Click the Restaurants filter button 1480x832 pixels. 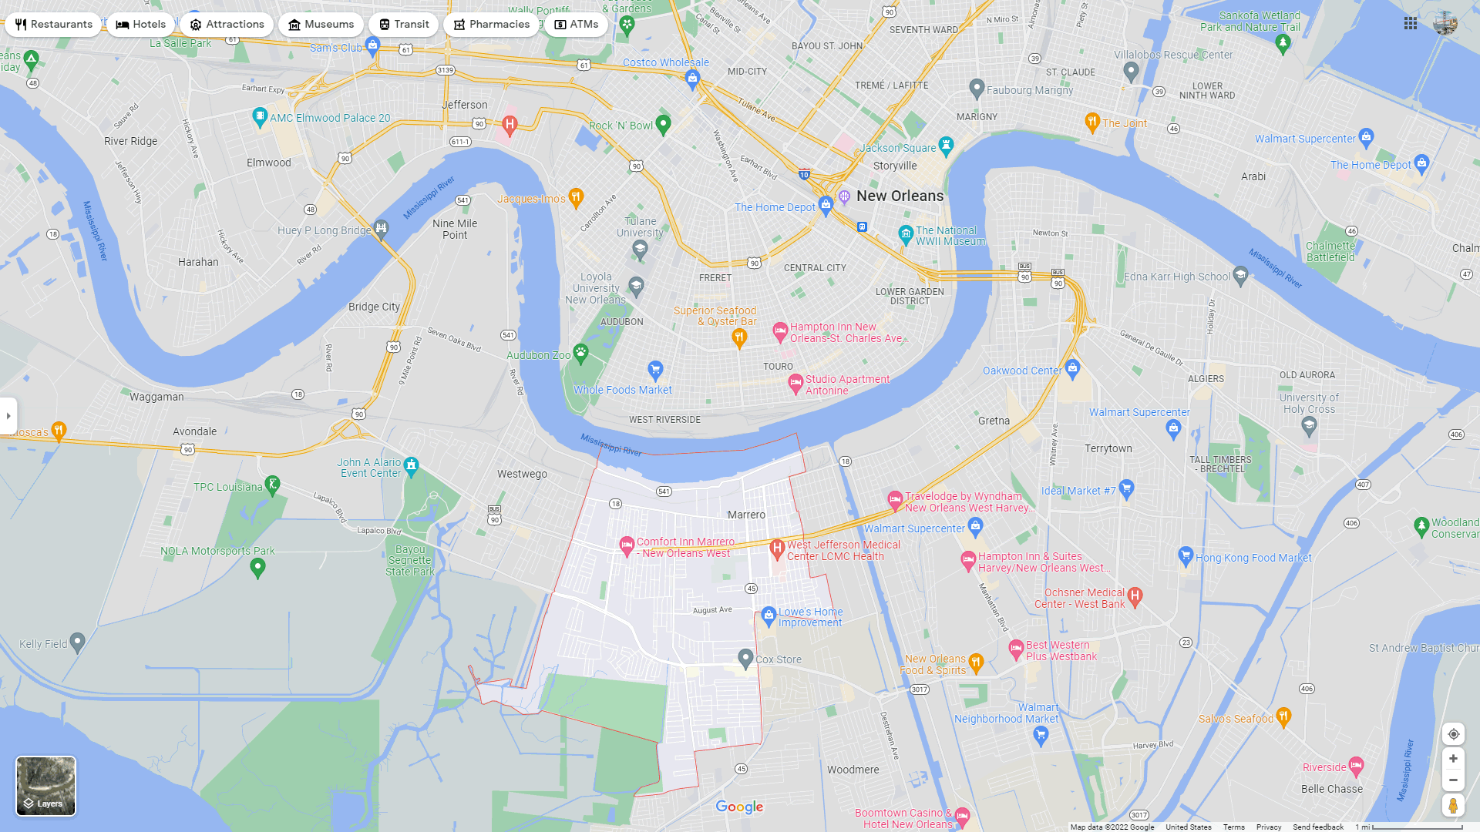53,25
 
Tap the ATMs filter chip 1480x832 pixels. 576,25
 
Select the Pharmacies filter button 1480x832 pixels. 491,25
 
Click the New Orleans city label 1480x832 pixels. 900,196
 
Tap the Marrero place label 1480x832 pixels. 746,515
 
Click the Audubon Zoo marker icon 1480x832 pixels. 580,353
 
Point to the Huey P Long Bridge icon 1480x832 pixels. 382,228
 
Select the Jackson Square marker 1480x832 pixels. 947,144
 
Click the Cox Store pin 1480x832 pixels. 745,657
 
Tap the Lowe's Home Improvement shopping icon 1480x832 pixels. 768,614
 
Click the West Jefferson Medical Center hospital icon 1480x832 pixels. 777,548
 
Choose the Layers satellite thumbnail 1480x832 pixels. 46,785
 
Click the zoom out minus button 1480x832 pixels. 1453,780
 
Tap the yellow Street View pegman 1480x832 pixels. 1453,806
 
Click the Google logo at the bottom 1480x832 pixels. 739,807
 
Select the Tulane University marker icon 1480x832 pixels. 640,247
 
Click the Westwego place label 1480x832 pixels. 522,474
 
